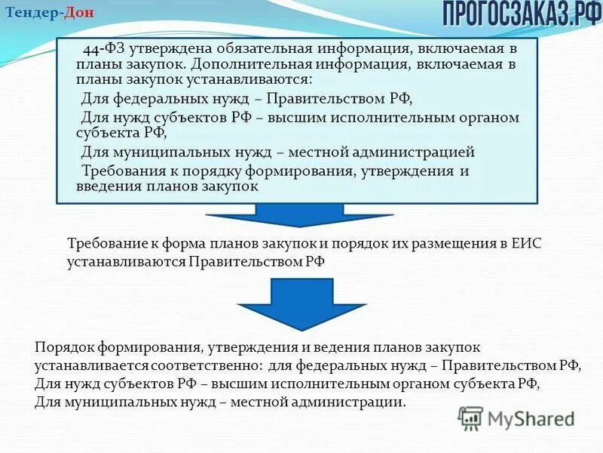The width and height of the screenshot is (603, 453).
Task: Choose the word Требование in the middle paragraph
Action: coord(104,243)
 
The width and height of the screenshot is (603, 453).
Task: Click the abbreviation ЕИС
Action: coord(525,243)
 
